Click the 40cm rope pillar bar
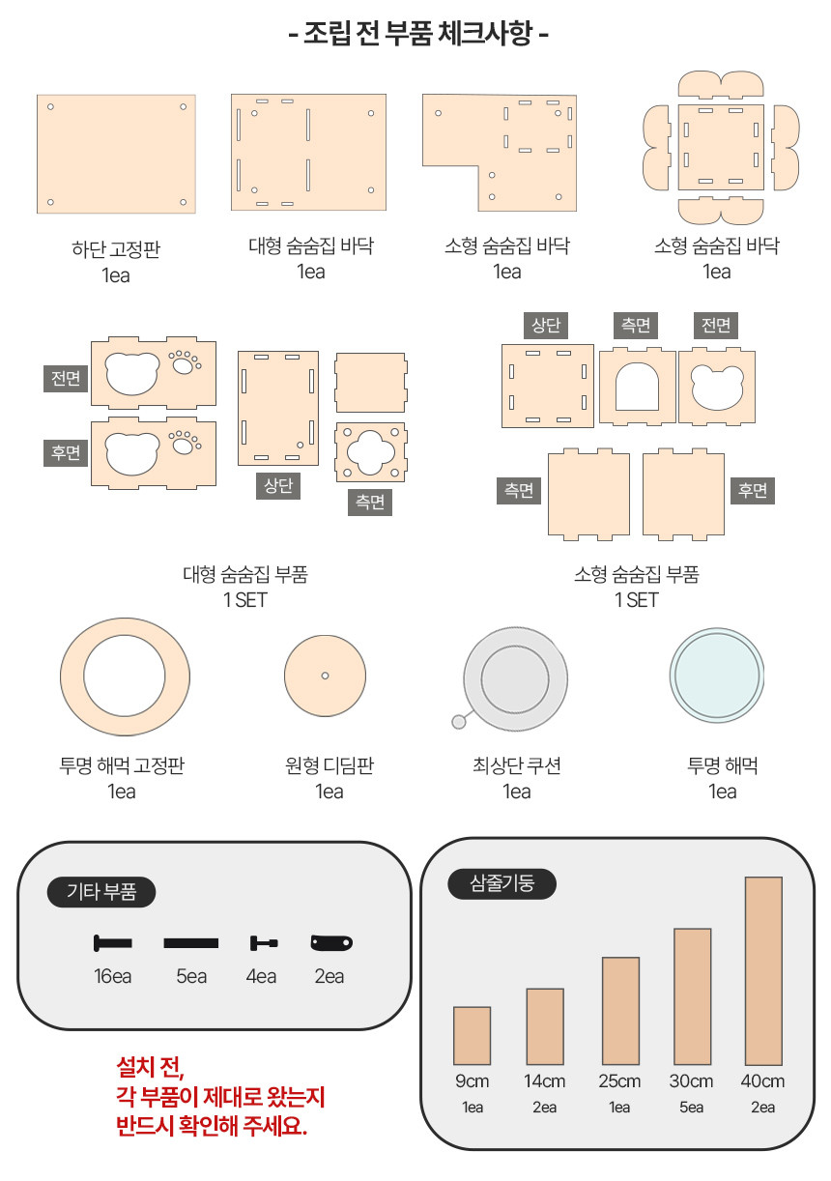[x=763, y=970]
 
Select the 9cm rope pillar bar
[x=472, y=1035]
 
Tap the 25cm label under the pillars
[x=619, y=1081]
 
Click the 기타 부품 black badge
[x=101, y=892]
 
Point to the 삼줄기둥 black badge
[x=501, y=883]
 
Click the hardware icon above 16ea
[x=112, y=942]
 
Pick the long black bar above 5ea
[x=191, y=942]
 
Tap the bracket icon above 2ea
[x=331, y=942]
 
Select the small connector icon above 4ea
[x=264, y=942]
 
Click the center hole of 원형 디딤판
[x=325, y=676]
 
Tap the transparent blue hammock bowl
[x=717, y=675]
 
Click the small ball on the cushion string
[x=459, y=722]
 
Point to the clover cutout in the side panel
[x=371, y=452]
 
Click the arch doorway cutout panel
[x=637, y=386]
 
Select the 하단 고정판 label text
[x=116, y=248]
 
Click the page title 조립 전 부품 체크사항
[x=418, y=33]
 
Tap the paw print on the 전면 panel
[x=186, y=362]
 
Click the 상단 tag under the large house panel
[x=278, y=485]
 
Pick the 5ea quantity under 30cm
[x=691, y=1107]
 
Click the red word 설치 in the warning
[x=135, y=1067]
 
